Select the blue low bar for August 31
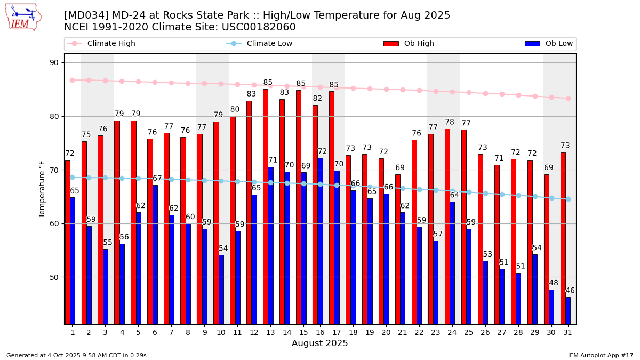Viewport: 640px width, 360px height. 568,310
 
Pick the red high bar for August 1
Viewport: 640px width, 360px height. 68,242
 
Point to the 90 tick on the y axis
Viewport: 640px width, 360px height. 54,63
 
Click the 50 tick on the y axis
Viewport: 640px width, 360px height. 54,277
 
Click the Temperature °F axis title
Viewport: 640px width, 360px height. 43,189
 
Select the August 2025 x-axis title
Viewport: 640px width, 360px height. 319,343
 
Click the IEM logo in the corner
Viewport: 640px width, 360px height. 23,17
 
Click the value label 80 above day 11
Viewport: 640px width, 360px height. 235,110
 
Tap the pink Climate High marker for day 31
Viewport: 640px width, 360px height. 568,98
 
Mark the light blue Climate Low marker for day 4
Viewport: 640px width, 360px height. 122,178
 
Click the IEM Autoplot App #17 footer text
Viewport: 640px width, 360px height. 600,355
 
